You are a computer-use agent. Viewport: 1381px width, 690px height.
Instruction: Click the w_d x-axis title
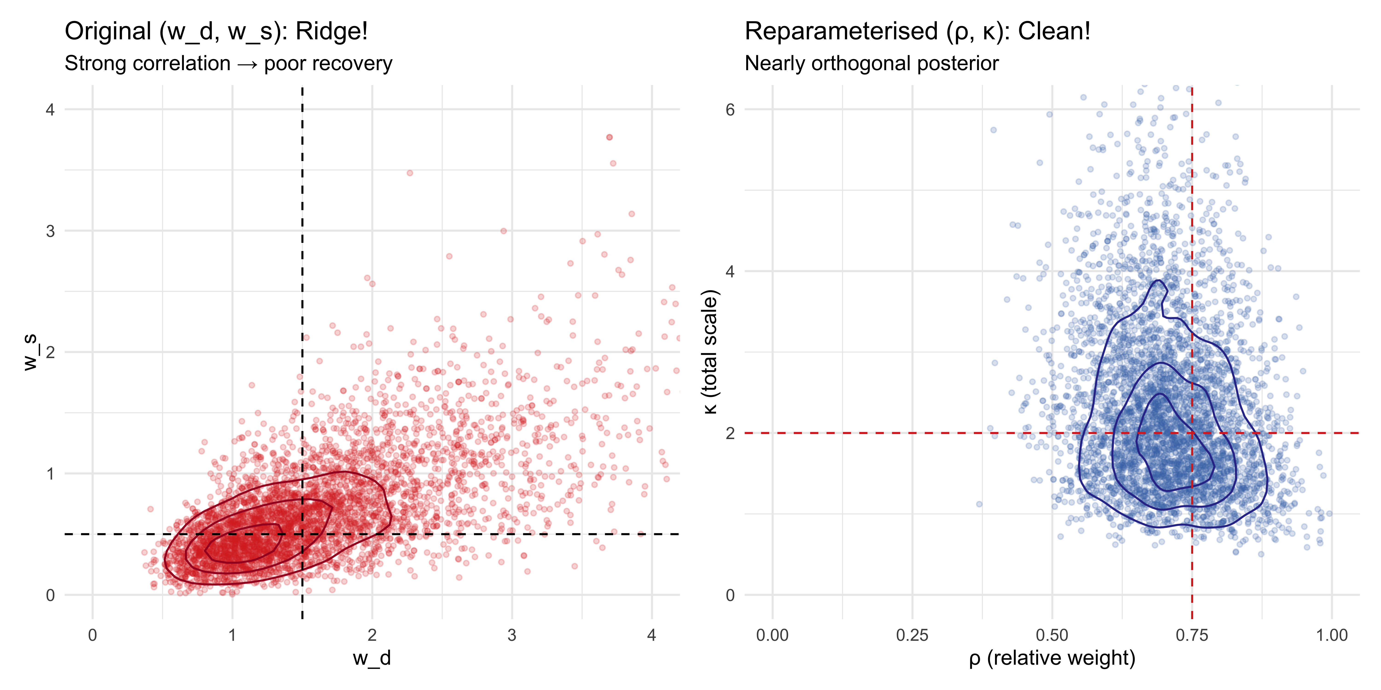(371, 658)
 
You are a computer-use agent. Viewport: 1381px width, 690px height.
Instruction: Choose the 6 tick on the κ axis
(730, 110)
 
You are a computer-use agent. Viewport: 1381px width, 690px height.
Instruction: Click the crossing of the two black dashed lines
(302, 534)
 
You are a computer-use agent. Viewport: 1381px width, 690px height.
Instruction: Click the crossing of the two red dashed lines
(1192, 432)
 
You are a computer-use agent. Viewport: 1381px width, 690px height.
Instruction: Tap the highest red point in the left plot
(609, 137)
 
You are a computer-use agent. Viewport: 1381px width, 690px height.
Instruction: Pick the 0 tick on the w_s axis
(50, 595)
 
